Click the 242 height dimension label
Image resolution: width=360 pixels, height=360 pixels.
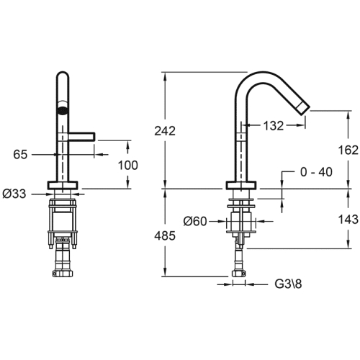click(x=165, y=131)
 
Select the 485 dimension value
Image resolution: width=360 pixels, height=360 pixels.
click(x=165, y=235)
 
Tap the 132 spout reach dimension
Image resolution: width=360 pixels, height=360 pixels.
click(x=274, y=125)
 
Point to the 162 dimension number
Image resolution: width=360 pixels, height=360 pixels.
click(x=348, y=150)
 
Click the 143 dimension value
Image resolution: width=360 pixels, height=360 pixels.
click(x=348, y=219)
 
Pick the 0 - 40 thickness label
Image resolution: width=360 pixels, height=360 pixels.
click(x=316, y=172)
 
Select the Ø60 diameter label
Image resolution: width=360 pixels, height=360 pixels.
click(x=195, y=221)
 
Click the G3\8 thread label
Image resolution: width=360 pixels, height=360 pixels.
click(x=288, y=284)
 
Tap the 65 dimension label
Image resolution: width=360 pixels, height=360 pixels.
click(x=20, y=154)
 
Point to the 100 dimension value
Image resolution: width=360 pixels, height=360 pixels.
click(x=128, y=165)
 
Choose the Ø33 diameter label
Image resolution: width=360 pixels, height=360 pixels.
click(x=14, y=194)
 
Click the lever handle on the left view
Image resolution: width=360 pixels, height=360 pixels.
click(x=82, y=136)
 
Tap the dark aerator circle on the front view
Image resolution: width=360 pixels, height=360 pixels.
click(x=63, y=110)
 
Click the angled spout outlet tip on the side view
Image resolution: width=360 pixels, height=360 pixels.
click(x=302, y=109)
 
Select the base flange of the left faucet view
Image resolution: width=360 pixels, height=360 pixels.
click(x=63, y=185)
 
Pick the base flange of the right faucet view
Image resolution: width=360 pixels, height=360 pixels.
click(x=241, y=185)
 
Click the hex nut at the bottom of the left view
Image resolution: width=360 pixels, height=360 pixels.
click(x=63, y=274)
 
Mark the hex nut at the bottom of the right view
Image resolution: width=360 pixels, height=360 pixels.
click(x=239, y=274)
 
